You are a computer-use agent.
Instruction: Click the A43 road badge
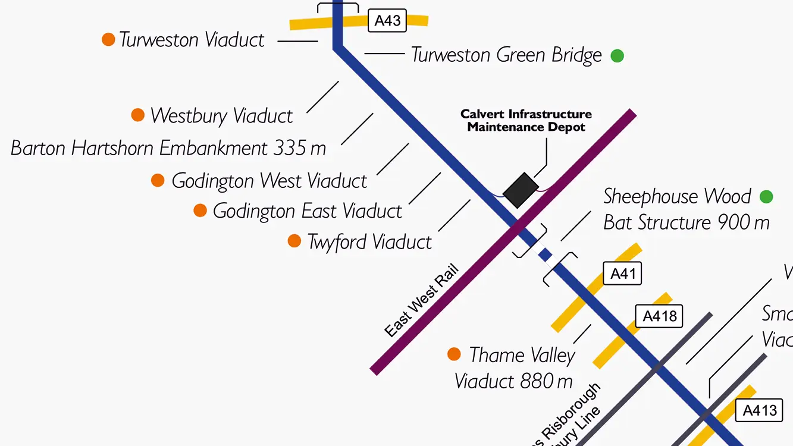pos(387,21)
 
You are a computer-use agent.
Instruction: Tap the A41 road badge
pos(623,274)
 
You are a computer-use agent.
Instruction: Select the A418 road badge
pos(660,316)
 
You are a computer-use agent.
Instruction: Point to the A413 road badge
pos(760,410)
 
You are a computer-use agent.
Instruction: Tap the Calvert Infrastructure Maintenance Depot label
pos(526,120)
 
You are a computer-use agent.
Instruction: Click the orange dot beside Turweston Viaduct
pos(108,40)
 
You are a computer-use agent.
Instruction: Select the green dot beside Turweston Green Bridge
pos(618,56)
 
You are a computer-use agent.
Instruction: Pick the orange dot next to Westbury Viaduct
pos(138,115)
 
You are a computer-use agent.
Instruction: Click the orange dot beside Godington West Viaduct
pos(158,180)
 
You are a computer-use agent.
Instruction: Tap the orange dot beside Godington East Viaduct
pos(200,211)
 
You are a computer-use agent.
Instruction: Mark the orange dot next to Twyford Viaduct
pos(294,241)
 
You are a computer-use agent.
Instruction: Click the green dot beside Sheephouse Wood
pos(766,197)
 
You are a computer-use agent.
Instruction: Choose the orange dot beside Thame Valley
pos(454,354)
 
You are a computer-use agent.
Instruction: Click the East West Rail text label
pos(422,301)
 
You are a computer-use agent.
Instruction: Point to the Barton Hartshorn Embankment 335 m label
pos(168,148)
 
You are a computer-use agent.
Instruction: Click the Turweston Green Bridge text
pos(507,55)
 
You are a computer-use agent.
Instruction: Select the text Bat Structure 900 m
pos(687,223)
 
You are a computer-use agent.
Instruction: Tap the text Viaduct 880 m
pos(513,381)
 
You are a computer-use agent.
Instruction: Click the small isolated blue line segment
pos(545,255)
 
